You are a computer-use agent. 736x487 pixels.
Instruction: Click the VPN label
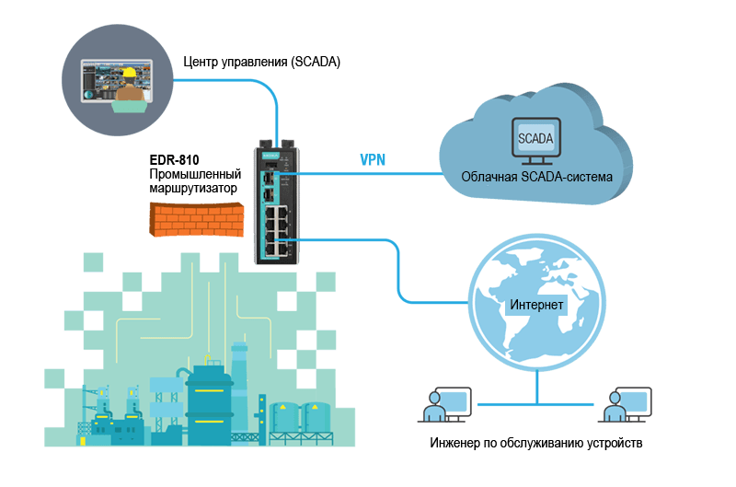click(x=373, y=159)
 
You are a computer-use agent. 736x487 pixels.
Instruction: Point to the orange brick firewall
click(x=194, y=216)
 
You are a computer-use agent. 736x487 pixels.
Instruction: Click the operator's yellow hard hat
click(x=132, y=72)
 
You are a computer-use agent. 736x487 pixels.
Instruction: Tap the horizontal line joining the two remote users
click(x=534, y=402)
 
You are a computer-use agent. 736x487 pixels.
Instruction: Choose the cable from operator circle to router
click(x=230, y=81)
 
